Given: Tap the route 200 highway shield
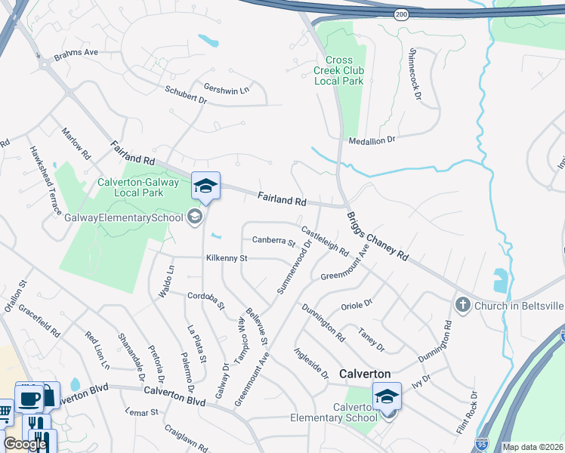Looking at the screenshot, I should coord(401,14).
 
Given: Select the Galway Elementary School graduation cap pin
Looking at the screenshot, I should coord(205,185).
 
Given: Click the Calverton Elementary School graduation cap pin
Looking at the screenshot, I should coord(387,396).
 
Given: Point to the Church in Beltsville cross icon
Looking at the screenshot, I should coord(462,304).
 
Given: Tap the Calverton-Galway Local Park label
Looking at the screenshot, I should coord(138,187).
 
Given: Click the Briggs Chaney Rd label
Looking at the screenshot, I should coord(378,236).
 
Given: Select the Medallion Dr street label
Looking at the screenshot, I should coord(372,140).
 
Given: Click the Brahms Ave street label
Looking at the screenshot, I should coord(76,53).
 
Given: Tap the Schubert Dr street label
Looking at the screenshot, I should coord(186,94).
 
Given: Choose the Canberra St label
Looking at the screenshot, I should coord(273,242).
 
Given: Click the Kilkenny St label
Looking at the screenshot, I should coord(227,258).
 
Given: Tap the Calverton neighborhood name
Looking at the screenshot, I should coord(365,374).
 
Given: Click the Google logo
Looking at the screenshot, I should coord(26,444).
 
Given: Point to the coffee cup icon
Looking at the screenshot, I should coord(29,397).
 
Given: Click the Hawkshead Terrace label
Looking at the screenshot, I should coord(45,181).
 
